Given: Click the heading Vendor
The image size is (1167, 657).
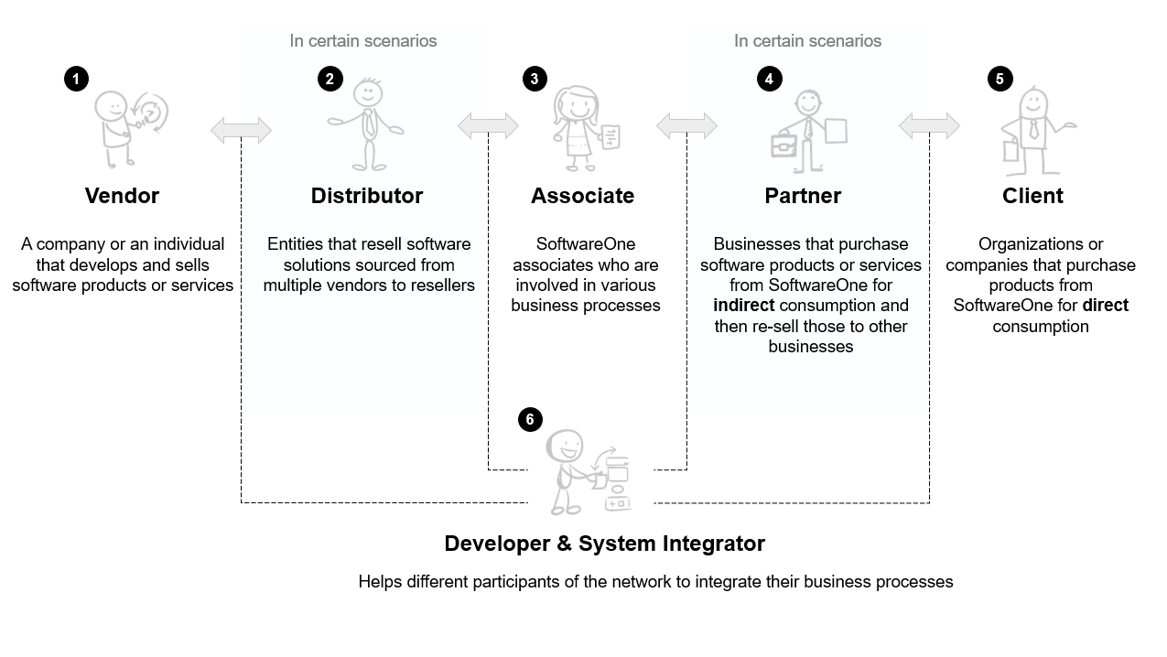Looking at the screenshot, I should (122, 196).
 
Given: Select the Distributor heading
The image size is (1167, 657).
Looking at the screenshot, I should (366, 196).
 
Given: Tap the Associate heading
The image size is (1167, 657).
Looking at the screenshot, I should (582, 196).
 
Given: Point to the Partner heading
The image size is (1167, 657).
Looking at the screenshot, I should (803, 196).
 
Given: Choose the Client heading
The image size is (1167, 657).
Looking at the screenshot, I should (1032, 196).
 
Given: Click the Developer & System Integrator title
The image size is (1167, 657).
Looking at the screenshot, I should (604, 544).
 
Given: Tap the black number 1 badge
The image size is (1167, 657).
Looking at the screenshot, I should (76, 79).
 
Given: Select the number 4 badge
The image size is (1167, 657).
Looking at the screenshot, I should (769, 79).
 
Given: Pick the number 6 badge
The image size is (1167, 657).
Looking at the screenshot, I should (530, 420).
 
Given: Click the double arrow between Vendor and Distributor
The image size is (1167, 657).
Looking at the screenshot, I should (241, 131).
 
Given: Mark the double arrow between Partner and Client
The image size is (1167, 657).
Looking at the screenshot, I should (929, 126).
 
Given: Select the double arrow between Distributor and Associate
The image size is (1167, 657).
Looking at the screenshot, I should (488, 126).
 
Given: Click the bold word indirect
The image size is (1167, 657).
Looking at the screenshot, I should (743, 306).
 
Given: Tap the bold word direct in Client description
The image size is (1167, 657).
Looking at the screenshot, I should (1105, 306).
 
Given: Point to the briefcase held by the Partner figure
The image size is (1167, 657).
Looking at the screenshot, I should (783, 145).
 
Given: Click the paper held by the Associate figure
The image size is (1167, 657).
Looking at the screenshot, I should (611, 138).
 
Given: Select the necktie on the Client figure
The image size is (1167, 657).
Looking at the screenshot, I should (1033, 129).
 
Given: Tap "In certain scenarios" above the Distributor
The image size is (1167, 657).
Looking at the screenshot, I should (362, 41).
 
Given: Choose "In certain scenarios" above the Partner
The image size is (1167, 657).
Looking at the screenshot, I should (807, 41).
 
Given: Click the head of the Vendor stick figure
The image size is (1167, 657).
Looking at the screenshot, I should (111, 105).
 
